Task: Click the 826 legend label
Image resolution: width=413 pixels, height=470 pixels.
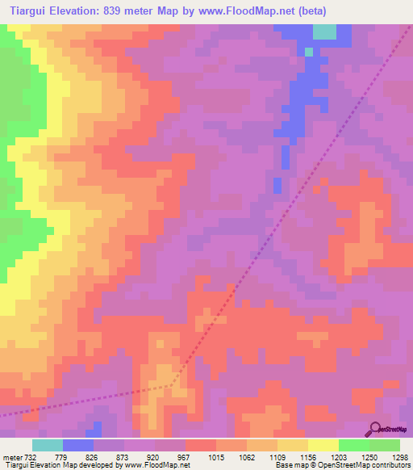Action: (x=109, y=457)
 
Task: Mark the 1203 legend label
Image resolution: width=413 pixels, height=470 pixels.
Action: (x=338, y=457)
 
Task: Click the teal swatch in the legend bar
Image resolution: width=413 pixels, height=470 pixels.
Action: (x=48, y=445)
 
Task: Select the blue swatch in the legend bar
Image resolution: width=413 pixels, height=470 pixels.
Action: (x=78, y=445)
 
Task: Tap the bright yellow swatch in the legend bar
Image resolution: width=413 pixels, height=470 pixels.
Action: (x=323, y=445)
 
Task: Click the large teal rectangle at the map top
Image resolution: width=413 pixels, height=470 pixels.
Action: (x=324, y=31)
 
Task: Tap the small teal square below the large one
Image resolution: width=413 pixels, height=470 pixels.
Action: (x=308, y=51)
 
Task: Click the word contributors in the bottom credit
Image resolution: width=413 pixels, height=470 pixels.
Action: (x=389, y=466)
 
